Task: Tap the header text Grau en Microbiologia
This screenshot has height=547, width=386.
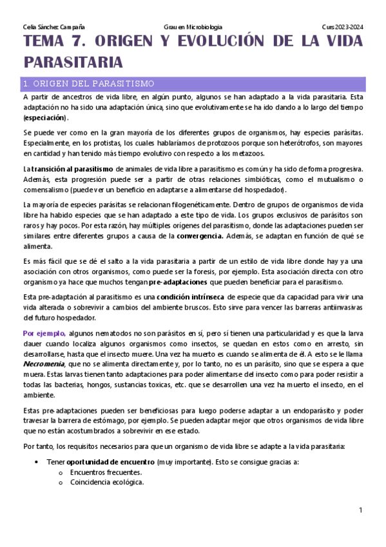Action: pyautogui.click(x=193, y=26)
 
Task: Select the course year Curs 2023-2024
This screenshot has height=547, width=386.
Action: pyautogui.click(x=342, y=26)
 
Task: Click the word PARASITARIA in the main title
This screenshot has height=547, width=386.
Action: pyautogui.click(x=73, y=63)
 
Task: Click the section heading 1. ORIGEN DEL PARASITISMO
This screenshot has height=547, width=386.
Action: pyautogui.click(x=88, y=83)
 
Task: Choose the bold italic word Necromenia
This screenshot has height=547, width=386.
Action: pyautogui.click(x=43, y=363)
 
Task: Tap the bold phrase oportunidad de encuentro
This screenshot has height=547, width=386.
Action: pyautogui.click(x=110, y=462)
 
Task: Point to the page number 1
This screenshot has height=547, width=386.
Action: pyautogui.click(x=361, y=510)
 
